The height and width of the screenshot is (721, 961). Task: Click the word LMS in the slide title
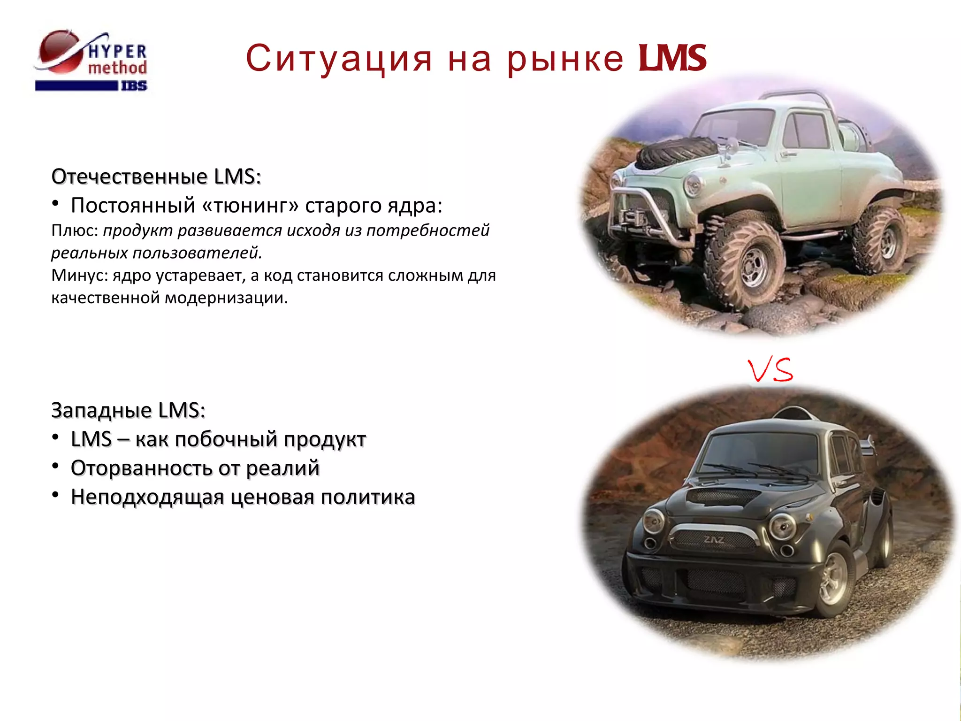click(x=672, y=59)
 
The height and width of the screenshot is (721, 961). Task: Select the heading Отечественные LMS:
click(x=156, y=177)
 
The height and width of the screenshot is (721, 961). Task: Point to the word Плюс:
click(x=75, y=230)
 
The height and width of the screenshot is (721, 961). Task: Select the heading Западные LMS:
click(x=128, y=410)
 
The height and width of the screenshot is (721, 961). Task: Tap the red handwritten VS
click(x=770, y=370)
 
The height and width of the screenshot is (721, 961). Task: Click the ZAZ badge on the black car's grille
click(x=714, y=540)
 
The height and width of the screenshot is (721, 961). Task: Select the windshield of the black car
click(x=760, y=453)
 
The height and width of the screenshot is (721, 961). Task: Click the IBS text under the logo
click(x=134, y=86)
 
